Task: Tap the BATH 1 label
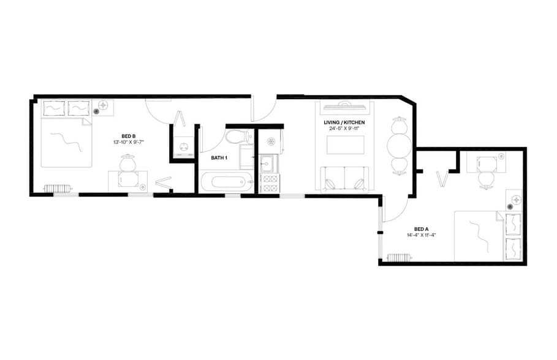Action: click(219, 158)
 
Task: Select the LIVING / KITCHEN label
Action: click(344, 122)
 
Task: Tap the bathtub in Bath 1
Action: click(225, 181)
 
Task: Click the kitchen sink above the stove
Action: click(267, 164)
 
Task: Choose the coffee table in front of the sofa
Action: click(345, 146)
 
